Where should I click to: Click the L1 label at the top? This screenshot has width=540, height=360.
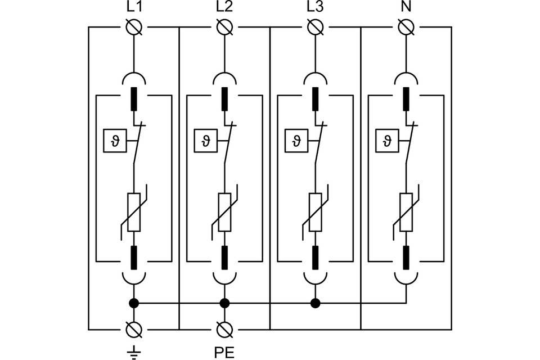coord(134,8)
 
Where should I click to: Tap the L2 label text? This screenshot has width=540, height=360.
coord(224,8)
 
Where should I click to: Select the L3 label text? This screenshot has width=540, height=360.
coord(315,8)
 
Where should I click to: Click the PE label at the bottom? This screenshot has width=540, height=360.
coord(224,352)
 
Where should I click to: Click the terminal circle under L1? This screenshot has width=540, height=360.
coord(134,26)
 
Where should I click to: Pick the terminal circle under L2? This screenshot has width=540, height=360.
coord(224,26)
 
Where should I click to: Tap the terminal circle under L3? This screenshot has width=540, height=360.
coord(315,26)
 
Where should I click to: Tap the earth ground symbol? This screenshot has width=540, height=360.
coord(134,352)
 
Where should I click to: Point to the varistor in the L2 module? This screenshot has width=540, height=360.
coord(224,212)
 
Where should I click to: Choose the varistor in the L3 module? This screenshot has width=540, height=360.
coord(315,212)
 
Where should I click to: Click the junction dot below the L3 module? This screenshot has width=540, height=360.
coord(315,303)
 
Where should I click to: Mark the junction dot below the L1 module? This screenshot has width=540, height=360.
coord(134,303)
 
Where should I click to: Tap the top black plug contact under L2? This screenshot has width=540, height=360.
coord(224,99)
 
